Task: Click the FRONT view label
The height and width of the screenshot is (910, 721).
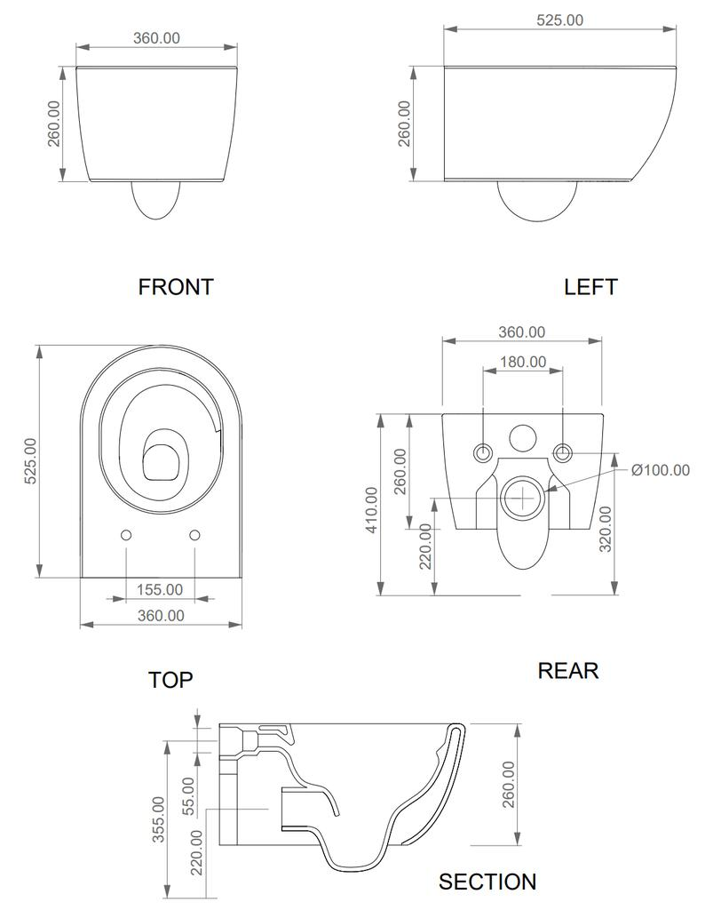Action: (176, 287)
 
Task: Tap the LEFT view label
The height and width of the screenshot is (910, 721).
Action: (590, 287)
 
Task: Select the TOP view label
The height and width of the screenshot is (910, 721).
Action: (170, 680)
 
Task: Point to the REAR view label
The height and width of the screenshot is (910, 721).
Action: (568, 670)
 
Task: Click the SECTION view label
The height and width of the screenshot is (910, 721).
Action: (487, 882)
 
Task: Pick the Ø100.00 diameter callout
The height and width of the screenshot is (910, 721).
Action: (660, 470)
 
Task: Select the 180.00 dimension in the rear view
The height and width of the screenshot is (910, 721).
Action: (523, 362)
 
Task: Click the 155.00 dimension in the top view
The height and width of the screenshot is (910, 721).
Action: (160, 589)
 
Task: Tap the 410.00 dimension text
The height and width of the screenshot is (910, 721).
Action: (371, 509)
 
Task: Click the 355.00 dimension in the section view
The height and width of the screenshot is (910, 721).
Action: (157, 818)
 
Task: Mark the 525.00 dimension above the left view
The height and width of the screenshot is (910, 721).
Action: (560, 20)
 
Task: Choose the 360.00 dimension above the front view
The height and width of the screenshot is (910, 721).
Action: (156, 37)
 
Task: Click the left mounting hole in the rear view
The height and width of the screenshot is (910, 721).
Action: (483, 451)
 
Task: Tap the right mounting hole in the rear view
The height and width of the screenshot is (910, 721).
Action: (563, 451)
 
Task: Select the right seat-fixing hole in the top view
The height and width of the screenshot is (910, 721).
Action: (195, 535)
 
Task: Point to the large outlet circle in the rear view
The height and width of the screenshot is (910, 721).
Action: (522, 498)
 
